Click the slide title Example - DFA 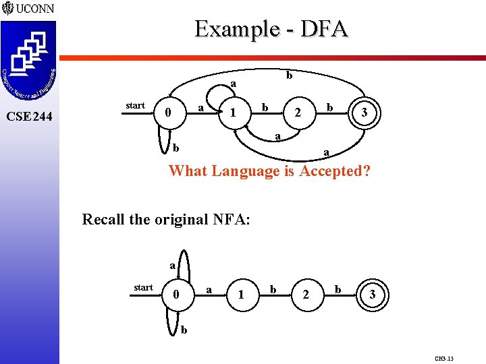pos(271,29)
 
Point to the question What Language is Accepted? pos(270,171)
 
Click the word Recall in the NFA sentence pos(105,219)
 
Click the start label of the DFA pos(135,105)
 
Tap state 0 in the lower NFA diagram pos(175,295)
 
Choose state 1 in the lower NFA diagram pos(240,295)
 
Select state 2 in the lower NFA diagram pos(306,295)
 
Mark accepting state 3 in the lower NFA pos(371,295)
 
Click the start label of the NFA pos(143,288)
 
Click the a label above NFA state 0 pos(173,266)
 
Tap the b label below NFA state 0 pos(184,330)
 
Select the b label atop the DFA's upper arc pos(289,75)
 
